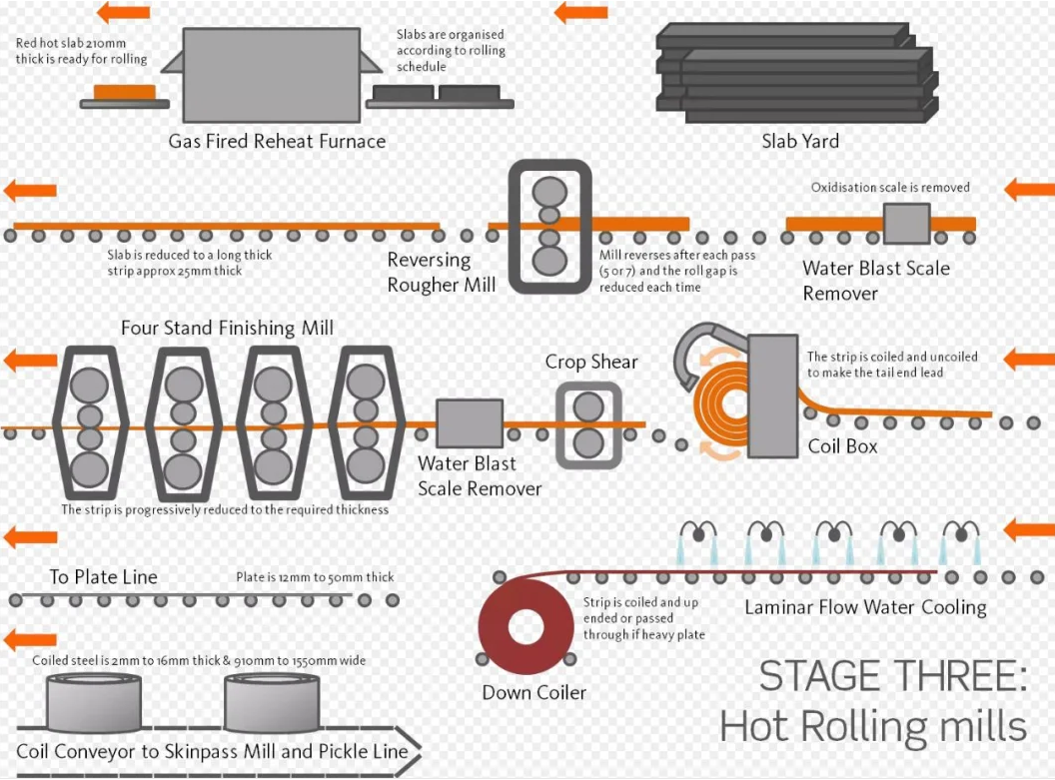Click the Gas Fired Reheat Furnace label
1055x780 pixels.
tap(277, 141)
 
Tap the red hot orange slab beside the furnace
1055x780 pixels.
tap(125, 92)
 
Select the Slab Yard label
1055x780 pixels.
tap(800, 141)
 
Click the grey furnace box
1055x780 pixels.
tap(271, 75)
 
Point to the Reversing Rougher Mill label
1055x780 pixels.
tap(442, 273)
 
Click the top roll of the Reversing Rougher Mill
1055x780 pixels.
tap(549, 191)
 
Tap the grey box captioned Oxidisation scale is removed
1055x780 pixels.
tap(906, 224)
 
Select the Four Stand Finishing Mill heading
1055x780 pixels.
tap(227, 329)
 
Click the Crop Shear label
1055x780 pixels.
tap(591, 362)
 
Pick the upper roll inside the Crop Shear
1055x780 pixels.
tap(588, 406)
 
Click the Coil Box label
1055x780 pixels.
tap(842, 446)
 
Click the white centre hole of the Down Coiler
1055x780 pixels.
tap(526, 627)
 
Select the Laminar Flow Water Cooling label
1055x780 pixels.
tap(865, 607)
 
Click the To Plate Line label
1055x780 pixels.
tap(103, 577)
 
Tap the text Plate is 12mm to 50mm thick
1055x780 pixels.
tap(315, 577)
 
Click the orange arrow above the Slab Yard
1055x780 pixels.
tap(580, 12)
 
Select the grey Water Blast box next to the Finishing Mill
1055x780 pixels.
tap(470, 423)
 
